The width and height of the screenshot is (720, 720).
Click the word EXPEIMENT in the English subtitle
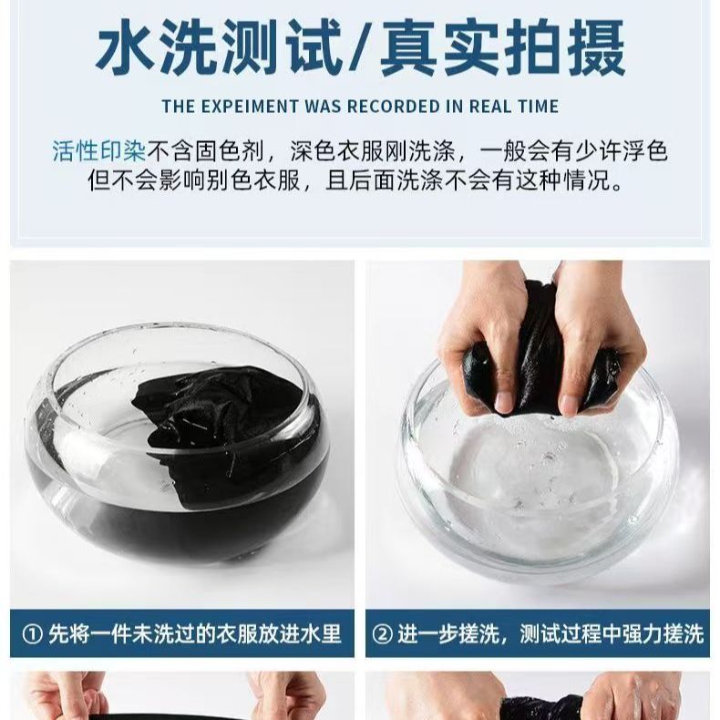click(x=251, y=107)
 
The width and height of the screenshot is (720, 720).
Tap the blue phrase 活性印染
click(x=98, y=151)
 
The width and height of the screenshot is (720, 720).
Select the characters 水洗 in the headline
click(x=159, y=47)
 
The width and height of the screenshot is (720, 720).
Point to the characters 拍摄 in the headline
click(x=565, y=47)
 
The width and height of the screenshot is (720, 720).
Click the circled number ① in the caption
click(x=32, y=634)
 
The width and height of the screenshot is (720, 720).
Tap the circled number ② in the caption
click(x=382, y=634)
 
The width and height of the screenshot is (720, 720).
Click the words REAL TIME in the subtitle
click(x=514, y=107)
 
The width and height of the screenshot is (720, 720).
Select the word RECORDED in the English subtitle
click(x=394, y=107)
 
